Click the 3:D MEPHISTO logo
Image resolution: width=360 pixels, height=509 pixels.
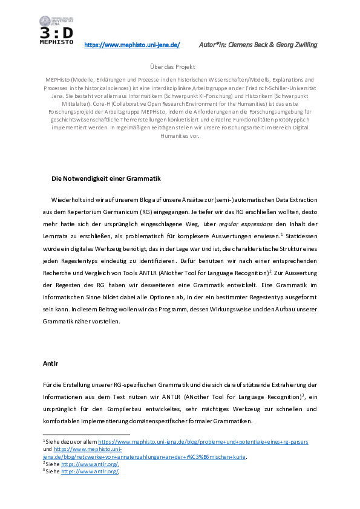(56, 35)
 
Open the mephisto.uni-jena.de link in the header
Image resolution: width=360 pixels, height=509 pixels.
(131, 45)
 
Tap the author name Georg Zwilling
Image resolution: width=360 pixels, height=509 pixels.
(296, 45)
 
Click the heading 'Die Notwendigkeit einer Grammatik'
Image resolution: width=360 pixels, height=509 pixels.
(106, 179)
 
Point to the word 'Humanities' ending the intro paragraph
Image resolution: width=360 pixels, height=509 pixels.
(180, 137)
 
